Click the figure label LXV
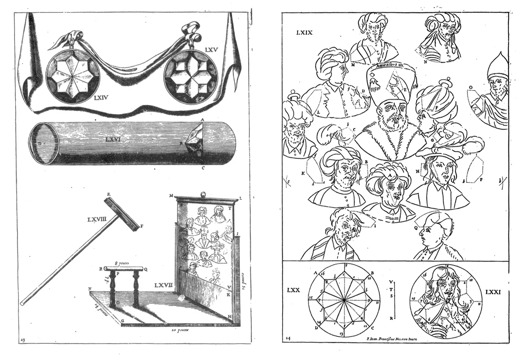tap(211, 50)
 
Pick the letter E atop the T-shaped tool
tap(109, 194)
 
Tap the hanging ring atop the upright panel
tap(203, 195)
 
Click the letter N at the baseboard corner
tap(89, 288)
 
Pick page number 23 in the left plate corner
tap(23, 339)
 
